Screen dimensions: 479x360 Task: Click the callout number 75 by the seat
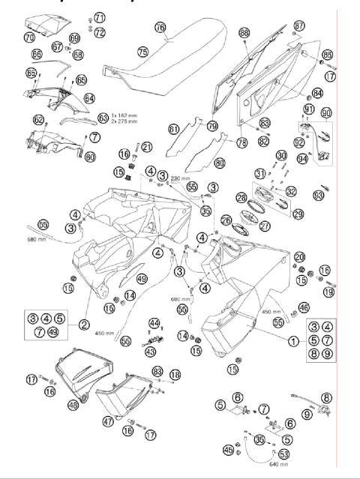(142, 51)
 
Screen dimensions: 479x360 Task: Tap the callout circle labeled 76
(160, 26)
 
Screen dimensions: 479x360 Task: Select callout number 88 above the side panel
(244, 33)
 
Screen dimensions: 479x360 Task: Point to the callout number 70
(29, 37)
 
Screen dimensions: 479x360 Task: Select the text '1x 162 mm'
(126, 115)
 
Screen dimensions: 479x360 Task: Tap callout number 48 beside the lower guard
(73, 405)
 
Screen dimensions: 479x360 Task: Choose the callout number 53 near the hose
(283, 454)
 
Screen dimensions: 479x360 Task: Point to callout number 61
(174, 129)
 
